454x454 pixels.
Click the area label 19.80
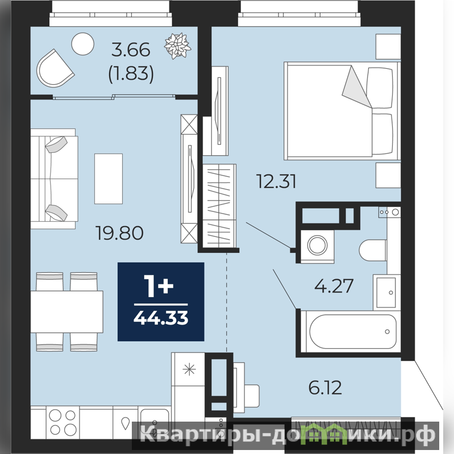[119, 233]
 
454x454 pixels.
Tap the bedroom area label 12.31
[276, 181]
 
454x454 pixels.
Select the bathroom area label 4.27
[334, 286]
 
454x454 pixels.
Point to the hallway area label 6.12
[325, 388]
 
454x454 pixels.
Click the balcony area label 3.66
[131, 49]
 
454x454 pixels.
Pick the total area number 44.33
[161, 318]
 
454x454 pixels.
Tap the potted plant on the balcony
[177, 46]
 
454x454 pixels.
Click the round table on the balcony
[83, 44]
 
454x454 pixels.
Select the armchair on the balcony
[55, 69]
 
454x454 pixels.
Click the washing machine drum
[317, 245]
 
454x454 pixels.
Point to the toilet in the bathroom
[373, 250]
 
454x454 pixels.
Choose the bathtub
[351, 331]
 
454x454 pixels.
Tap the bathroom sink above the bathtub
[386, 293]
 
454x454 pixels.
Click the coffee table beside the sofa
[109, 178]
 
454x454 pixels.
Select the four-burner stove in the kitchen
[63, 422]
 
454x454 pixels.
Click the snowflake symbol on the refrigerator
[189, 369]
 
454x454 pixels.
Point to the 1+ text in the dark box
[159, 286]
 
